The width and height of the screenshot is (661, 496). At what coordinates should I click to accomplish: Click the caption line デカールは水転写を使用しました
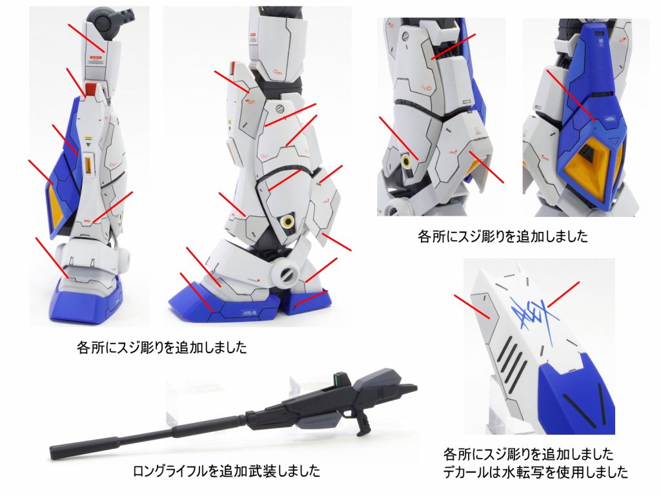(x=535, y=472)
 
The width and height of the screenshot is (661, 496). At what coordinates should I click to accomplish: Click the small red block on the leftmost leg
(x=92, y=90)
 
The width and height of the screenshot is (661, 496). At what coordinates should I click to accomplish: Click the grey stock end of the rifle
(x=403, y=391)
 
